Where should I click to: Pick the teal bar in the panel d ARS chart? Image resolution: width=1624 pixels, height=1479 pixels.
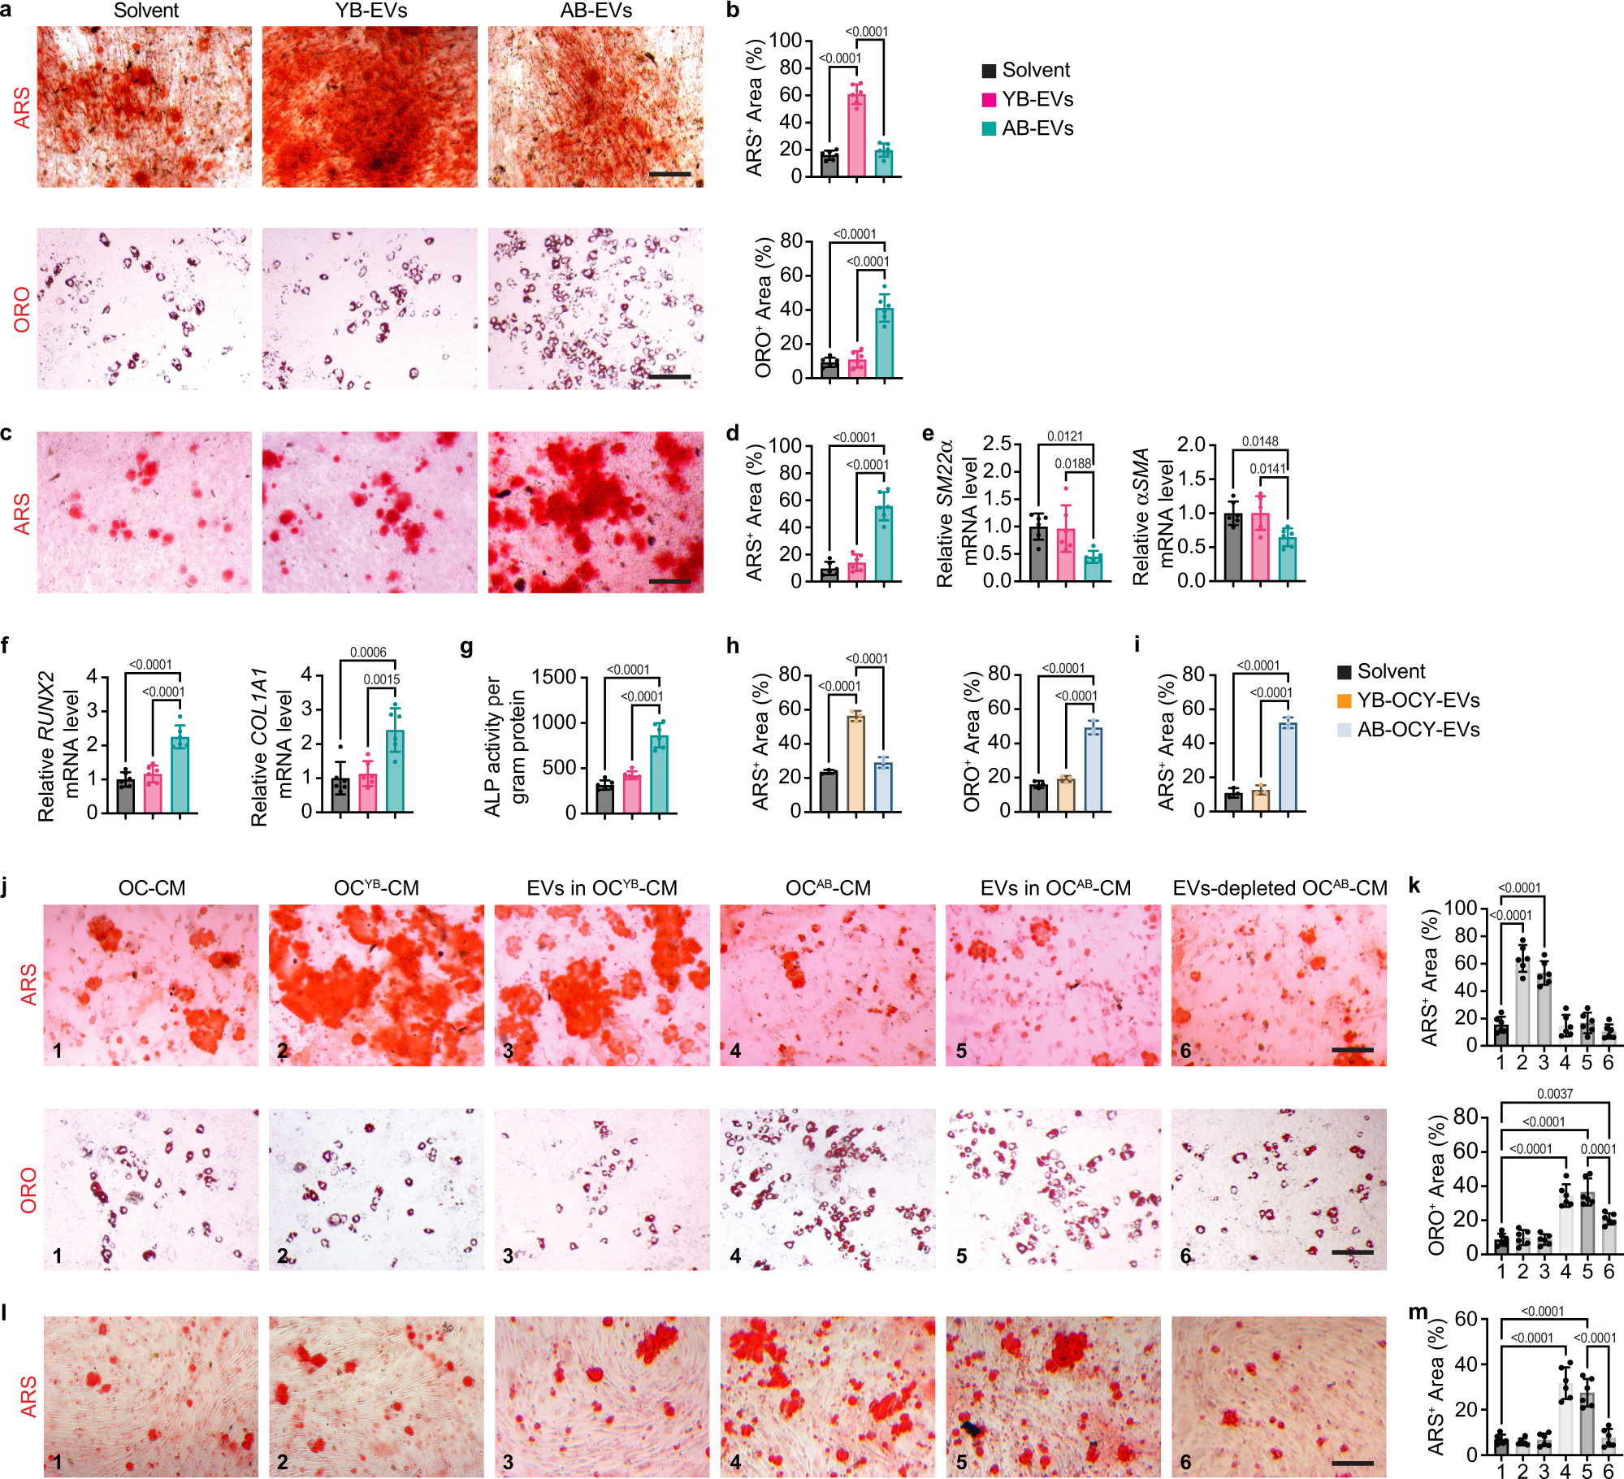coord(884,544)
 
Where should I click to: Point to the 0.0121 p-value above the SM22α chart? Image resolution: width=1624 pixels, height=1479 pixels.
coord(1064,436)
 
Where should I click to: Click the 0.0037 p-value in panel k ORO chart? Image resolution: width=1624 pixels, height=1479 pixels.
coord(1554,1094)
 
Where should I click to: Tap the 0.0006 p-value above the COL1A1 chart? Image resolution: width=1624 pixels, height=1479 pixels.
coord(368,652)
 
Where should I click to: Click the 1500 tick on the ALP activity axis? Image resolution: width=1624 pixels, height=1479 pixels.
coord(553,677)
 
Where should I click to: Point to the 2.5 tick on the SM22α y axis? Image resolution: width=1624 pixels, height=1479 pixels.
coord(997,444)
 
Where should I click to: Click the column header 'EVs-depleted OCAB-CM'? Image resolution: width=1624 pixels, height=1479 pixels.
coord(1280,888)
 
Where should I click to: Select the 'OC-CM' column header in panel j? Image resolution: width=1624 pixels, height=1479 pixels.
coord(152,888)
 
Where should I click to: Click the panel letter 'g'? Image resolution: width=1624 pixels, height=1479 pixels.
coord(466,647)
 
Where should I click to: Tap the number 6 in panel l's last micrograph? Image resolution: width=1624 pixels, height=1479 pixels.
coord(1185,1462)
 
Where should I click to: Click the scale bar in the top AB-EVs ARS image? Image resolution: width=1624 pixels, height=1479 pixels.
coord(670,174)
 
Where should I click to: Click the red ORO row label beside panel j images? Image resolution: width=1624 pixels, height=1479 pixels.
coord(28,1191)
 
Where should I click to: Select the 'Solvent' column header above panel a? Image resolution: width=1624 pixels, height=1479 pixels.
coord(146,11)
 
